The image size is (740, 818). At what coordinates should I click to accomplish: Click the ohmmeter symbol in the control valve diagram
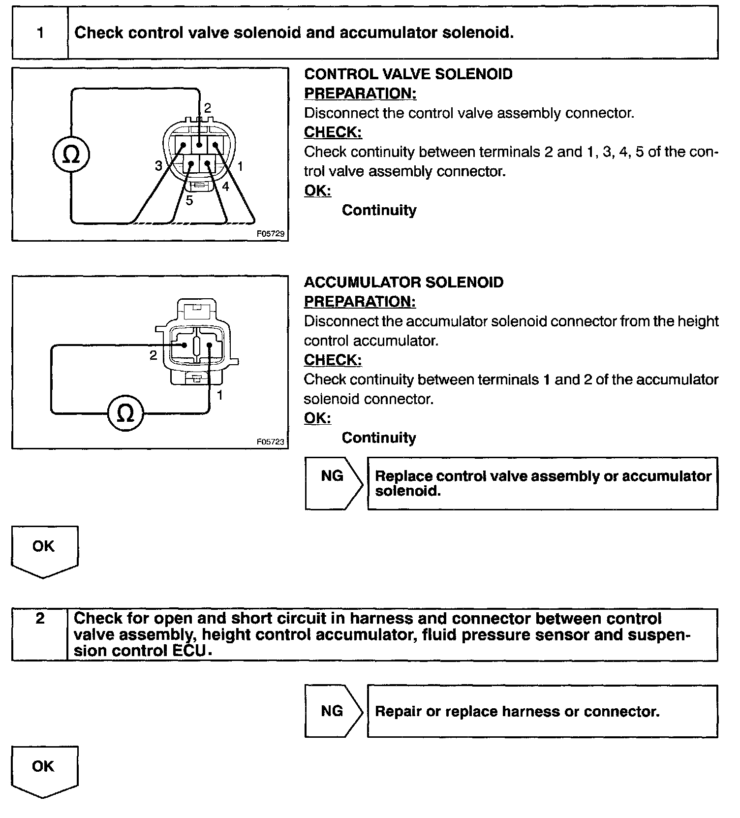click(71, 155)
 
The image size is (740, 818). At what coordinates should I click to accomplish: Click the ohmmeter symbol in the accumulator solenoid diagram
click(126, 413)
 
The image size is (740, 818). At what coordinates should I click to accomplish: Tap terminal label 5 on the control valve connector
click(189, 201)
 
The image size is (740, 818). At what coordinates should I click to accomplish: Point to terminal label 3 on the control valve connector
click(158, 166)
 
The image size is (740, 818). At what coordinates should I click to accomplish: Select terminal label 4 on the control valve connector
click(225, 187)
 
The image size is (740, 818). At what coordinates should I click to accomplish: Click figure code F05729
click(271, 234)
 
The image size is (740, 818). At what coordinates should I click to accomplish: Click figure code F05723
click(271, 441)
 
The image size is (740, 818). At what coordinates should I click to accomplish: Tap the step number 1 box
click(40, 33)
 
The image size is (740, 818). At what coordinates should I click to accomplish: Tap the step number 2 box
click(40, 619)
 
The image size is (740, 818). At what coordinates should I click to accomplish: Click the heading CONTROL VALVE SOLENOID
click(408, 74)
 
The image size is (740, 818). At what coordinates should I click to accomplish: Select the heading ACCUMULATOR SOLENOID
click(403, 283)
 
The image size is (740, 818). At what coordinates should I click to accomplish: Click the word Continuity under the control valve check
click(379, 210)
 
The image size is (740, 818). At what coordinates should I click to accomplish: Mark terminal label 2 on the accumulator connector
click(153, 355)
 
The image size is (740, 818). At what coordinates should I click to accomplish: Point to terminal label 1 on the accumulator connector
click(220, 395)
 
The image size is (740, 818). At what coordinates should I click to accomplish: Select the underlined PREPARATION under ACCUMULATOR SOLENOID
click(360, 302)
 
